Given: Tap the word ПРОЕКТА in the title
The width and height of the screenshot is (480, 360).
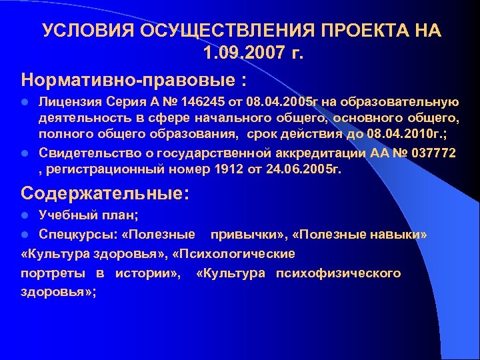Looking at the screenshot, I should coord(361,32).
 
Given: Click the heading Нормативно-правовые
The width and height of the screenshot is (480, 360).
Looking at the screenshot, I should coord(127,80).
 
